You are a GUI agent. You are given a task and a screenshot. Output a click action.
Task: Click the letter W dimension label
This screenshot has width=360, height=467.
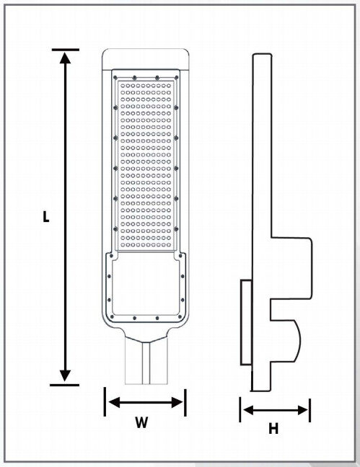click(141, 422)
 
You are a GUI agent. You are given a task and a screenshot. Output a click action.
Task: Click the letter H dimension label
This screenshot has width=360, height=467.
click(273, 429)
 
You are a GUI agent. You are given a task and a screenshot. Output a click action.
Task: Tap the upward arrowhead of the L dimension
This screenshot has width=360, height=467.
click(65, 58)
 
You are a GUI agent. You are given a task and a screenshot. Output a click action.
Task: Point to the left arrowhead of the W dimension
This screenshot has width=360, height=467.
click(115, 402)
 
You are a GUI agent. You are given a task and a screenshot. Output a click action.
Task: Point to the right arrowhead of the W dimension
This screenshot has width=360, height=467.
click(177, 403)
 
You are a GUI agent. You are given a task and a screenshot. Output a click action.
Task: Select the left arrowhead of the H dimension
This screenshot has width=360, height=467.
click(249, 410)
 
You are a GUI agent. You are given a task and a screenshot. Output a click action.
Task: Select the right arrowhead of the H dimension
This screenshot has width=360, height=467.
click(302, 410)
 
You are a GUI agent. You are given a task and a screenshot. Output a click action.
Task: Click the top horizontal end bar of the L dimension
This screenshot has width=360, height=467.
click(66, 50)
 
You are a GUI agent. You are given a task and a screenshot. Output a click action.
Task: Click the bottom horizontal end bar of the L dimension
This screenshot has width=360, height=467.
click(64, 385)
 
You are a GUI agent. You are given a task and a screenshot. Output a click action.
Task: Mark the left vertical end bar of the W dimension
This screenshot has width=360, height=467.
click(105, 401)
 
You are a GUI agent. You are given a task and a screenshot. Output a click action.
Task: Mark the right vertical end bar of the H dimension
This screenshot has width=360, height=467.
click(310, 410)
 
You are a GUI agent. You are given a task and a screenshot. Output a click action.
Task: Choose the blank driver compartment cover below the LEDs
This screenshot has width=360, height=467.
click(146, 283)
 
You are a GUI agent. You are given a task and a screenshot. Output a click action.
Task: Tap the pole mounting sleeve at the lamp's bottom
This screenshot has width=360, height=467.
click(146, 360)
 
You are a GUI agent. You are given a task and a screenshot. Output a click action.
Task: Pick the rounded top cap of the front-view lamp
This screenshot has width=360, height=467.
click(146, 59)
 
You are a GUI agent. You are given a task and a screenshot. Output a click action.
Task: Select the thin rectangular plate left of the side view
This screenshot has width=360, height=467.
click(246, 322)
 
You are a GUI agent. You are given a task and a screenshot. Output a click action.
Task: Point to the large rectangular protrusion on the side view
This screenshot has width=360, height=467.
click(291, 268)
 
